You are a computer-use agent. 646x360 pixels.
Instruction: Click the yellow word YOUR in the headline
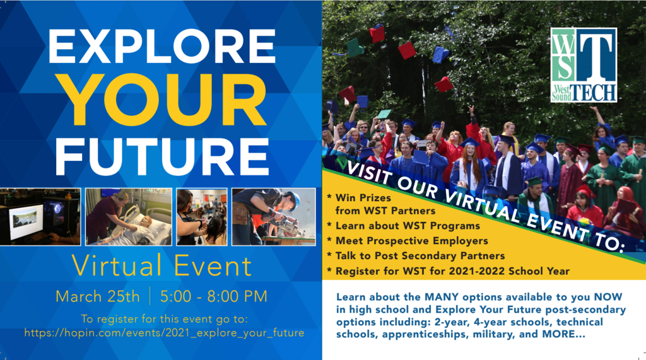coord(165,100)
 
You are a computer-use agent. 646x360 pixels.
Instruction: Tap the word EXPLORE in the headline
coord(162,46)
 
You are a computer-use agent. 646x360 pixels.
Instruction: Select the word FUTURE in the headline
coord(162,157)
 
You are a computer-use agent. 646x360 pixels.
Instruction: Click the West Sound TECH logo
coord(584,65)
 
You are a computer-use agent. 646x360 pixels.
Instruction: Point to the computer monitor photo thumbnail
coord(40,217)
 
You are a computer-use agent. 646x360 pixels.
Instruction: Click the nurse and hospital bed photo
coord(129,217)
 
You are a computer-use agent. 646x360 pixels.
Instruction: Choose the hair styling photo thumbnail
coord(202,217)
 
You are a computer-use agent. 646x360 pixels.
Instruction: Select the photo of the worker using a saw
coord(274,217)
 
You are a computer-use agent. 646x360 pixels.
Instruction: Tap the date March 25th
coord(98,296)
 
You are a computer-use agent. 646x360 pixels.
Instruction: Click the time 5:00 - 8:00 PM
coord(214,296)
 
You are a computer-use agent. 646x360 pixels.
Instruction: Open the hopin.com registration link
coord(165,333)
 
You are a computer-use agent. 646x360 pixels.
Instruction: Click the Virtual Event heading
coord(161,265)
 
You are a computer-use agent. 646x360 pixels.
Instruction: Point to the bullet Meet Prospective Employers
coord(411,241)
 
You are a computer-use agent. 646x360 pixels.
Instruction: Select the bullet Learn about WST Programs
coord(408,226)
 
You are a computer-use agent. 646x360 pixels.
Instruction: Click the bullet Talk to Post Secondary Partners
coord(420,256)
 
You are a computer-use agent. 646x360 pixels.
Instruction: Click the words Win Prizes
coord(363,198)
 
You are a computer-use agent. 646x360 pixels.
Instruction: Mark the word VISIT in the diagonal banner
coord(368,171)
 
